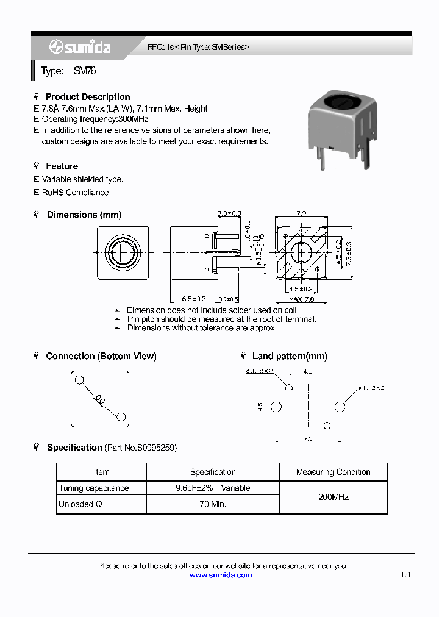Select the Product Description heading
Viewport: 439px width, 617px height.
point(87,97)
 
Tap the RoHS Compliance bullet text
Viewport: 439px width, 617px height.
point(75,193)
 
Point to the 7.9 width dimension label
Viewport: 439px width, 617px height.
point(301,213)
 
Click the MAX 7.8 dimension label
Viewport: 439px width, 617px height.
point(302,299)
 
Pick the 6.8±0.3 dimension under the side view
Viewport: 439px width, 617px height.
point(194,299)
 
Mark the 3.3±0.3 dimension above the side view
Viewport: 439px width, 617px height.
point(229,213)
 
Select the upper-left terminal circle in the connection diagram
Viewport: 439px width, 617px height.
point(79,380)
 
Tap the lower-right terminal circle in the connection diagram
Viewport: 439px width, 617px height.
point(121,417)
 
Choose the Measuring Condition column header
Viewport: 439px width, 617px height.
point(333,472)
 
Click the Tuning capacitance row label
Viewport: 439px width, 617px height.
point(93,488)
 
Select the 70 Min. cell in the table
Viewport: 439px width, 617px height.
point(212,504)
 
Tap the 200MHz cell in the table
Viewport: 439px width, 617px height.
point(333,497)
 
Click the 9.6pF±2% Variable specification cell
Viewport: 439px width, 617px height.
point(212,488)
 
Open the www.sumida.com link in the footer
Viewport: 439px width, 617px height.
point(220,576)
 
